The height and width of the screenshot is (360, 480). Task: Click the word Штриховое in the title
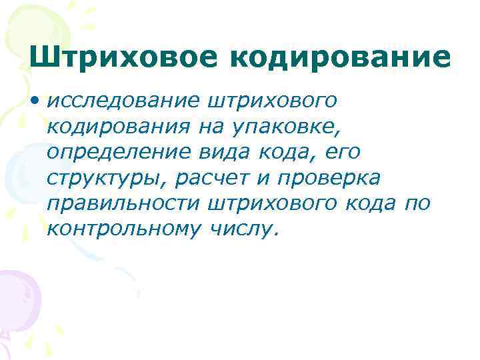click(123, 57)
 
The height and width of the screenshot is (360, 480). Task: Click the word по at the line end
click(417, 203)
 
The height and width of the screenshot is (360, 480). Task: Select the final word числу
click(243, 229)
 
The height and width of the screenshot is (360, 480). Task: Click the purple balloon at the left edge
click(17, 293)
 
